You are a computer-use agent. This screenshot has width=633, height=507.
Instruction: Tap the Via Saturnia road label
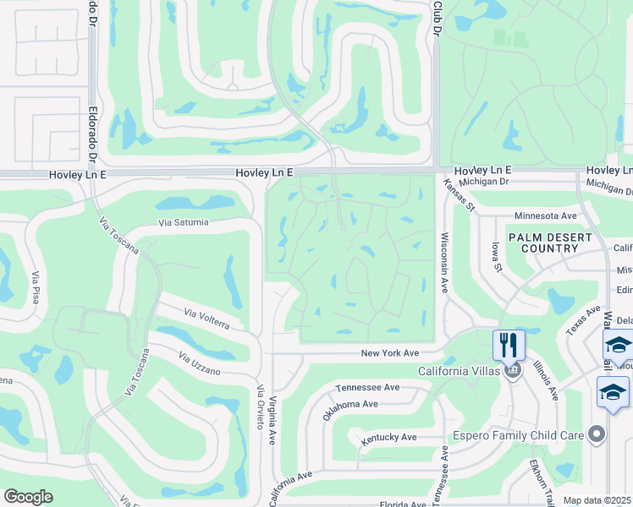click(x=183, y=223)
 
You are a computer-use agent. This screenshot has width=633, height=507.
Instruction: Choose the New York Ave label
click(x=390, y=353)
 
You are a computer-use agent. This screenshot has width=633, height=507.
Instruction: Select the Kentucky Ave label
click(x=388, y=438)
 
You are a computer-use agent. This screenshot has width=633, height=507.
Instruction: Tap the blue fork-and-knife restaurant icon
click(x=509, y=346)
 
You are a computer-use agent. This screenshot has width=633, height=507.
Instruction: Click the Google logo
click(x=28, y=497)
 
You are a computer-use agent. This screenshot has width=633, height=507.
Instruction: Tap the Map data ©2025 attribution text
click(x=597, y=501)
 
